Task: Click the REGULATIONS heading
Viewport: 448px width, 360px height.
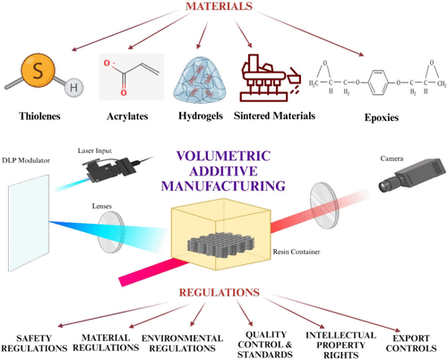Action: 223,293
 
